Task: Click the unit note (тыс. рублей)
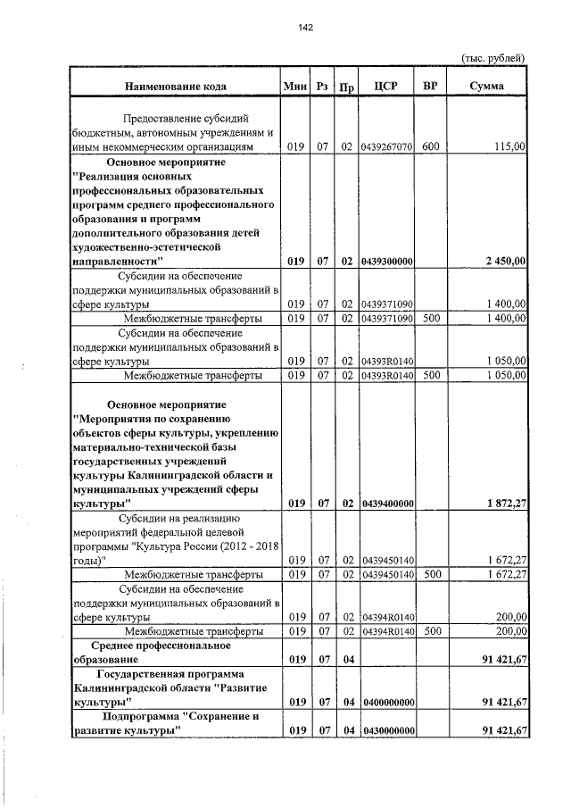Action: [492, 58]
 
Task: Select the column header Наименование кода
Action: [175, 87]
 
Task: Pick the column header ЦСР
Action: [386, 87]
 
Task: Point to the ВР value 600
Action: [431, 146]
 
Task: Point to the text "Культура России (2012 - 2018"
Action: [205, 546]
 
